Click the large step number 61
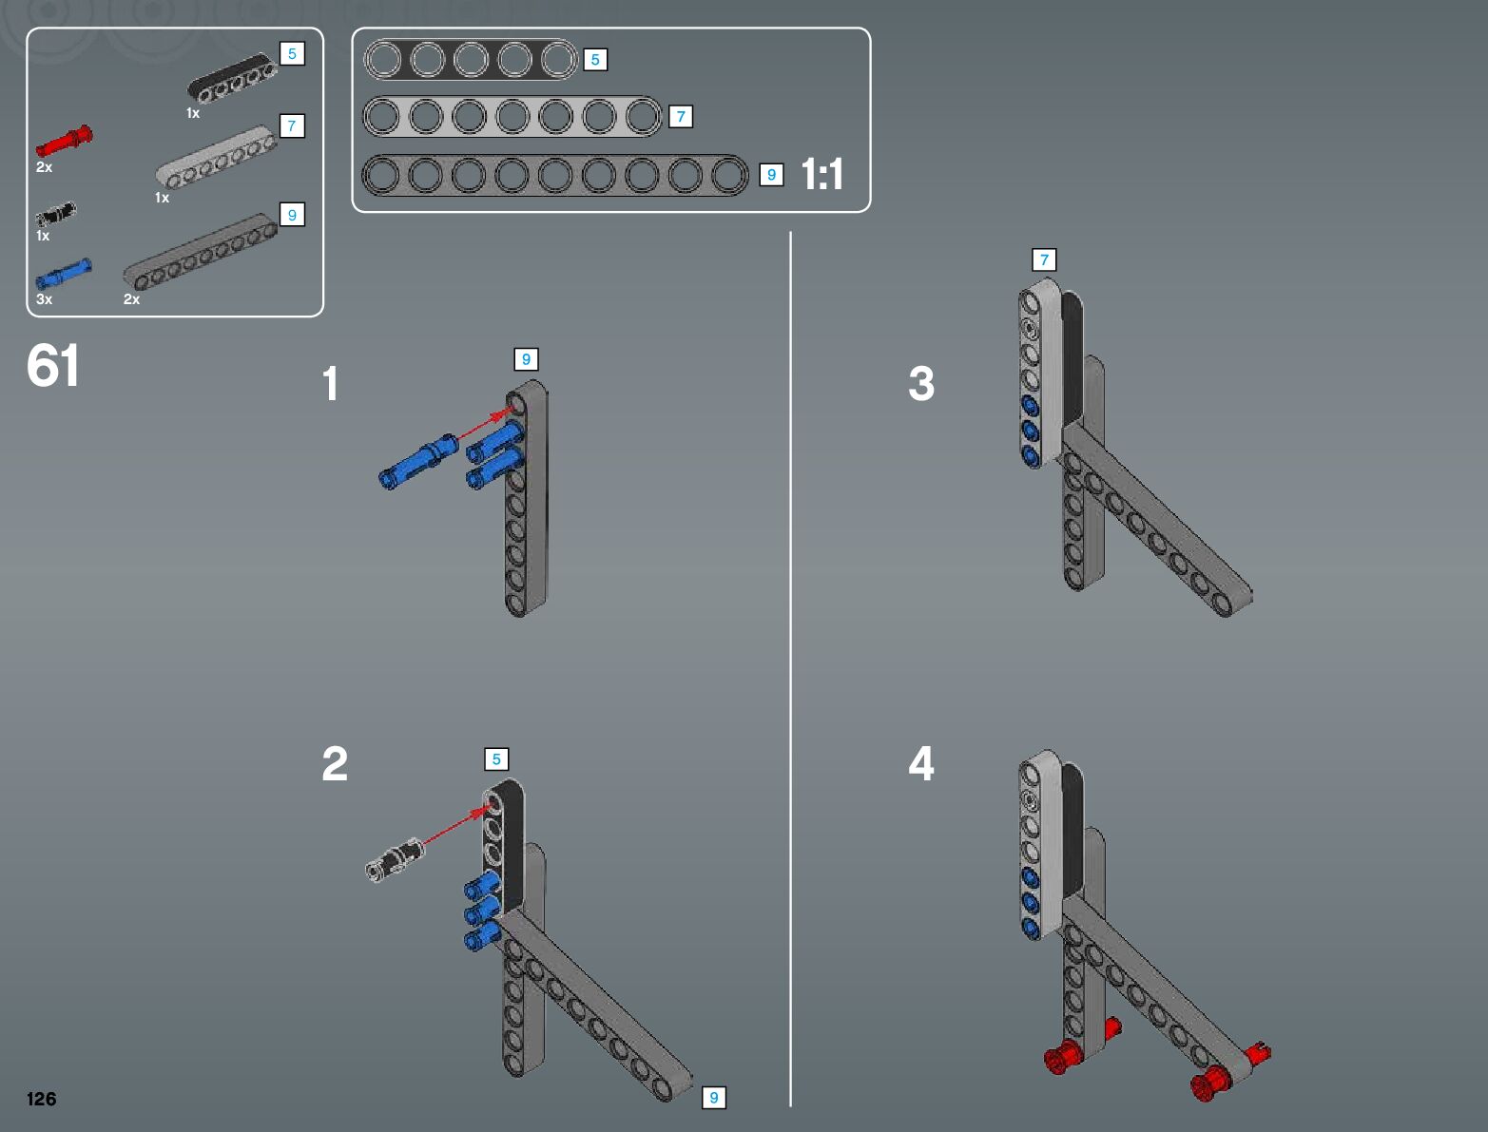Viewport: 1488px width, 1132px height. tap(53, 365)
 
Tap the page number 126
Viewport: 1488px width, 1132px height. tap(41, 1098)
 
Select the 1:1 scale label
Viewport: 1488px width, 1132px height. tap(822, 174)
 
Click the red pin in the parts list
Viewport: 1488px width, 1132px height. tap(65, 141)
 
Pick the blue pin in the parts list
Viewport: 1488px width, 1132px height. tap(63, 273)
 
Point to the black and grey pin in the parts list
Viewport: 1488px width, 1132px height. tap(55, 214)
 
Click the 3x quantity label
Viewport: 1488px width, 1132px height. tap(44, 298)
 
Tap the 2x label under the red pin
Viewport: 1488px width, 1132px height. tap(44, 167)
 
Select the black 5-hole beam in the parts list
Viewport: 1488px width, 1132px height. tap(232, 78)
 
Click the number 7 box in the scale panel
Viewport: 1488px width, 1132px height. tap(681, 117)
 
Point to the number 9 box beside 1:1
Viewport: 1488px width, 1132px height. tap(771, 175)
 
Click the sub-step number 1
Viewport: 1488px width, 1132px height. tap(330, 383)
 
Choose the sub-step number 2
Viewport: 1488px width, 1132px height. tap(335, 763)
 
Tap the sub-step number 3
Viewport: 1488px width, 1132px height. tap(921, 383)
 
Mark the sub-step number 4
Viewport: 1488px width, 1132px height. tap(921, 763)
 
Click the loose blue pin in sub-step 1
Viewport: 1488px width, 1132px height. tap(417, 461)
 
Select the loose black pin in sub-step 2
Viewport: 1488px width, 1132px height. tap(394, 859)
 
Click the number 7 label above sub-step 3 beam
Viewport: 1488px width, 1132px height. tap(1044, 259)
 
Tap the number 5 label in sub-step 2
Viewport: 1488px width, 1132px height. tap(496, 759)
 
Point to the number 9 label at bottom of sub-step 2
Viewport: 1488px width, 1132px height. tap(714, 1098)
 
